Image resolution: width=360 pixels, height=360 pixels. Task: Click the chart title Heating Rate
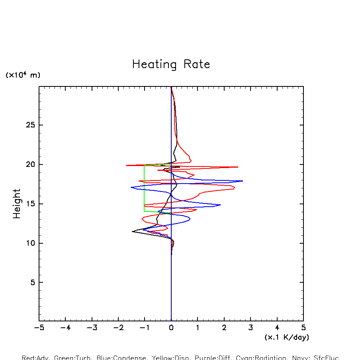[x=171, y=65]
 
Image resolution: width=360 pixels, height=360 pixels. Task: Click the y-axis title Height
[x=17, y=203]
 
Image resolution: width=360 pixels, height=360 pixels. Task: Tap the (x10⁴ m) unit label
[x=23, y=75]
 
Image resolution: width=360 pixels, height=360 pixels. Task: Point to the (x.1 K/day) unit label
[x=287, y=337]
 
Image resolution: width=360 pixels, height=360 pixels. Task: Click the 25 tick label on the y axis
[x=31, y=125]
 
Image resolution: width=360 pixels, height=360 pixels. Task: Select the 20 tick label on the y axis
[x=31, y=164]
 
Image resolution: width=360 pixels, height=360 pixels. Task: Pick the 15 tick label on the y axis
[x=31, y=204]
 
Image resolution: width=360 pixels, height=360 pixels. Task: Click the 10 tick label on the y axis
[x=31, y=243]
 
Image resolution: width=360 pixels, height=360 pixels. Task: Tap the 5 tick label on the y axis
[x=33, y=282]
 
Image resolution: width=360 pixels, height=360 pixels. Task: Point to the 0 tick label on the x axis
[x=171, y=329]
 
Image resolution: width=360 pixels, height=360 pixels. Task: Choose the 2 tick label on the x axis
[x=224, y=329]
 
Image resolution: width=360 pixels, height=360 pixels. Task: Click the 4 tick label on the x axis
[x=277, y=329]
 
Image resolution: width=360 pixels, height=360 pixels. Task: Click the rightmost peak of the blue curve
[x=243, y=181]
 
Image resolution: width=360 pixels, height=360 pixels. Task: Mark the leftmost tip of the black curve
[x=133, y=231]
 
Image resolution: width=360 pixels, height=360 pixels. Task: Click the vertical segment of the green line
[x=144, y=187]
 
